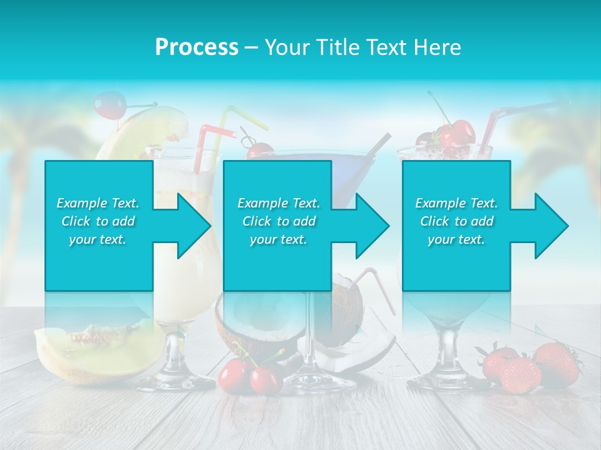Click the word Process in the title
pos(197,47)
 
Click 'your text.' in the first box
pos(98,239)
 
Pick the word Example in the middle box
pos(258,203)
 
